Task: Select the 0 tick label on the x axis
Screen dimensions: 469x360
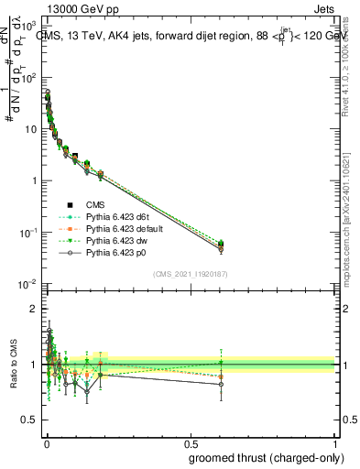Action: click(46, 442)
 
